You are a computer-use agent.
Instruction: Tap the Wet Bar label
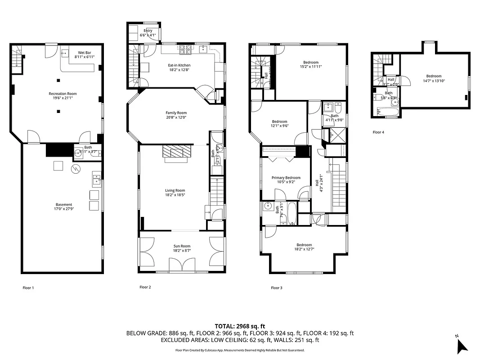(84, 53)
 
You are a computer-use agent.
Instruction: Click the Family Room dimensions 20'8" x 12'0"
(176, 117)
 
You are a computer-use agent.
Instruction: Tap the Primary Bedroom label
(286, 178)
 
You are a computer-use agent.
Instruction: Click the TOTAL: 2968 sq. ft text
(240, 326)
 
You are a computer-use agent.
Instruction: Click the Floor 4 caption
(378, 132)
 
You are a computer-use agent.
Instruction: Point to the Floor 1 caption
(28, 288)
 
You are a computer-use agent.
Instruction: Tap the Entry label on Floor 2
(148, 31)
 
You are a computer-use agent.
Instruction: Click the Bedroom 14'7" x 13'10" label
(434, 76)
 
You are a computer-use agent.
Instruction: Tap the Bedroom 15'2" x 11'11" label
(310, 62)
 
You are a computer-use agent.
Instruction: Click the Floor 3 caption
(276, 288)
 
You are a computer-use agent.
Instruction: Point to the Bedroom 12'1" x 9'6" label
(279, 121)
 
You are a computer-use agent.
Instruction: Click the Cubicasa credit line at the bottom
(240, 350)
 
